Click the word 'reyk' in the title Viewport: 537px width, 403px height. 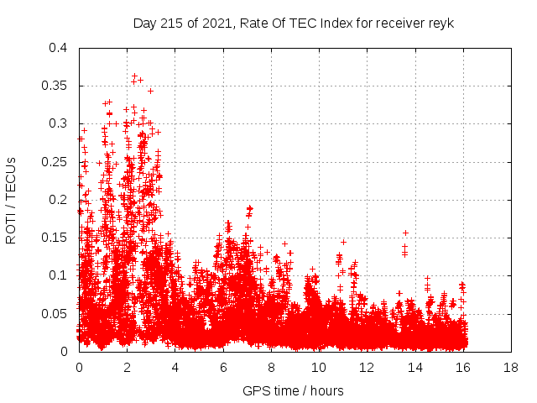[x=441, y=23]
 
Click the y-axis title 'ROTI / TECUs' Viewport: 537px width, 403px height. [x=11, y=200]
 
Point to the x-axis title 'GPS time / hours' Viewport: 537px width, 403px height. [x=293, y=390]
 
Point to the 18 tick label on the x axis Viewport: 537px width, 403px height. [x=510, y=367]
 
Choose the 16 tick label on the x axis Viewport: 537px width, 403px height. [x=462, y=367]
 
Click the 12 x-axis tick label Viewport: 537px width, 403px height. [x=367, y=367]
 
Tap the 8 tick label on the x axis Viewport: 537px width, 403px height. [x=271, y=367]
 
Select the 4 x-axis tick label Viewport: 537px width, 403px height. [x=175, y=367]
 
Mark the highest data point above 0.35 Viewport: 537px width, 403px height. [x=134, y=76]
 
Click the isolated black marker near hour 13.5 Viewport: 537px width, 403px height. [x=405, y=233]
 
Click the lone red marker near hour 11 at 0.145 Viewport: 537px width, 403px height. [x=343, y=242]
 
